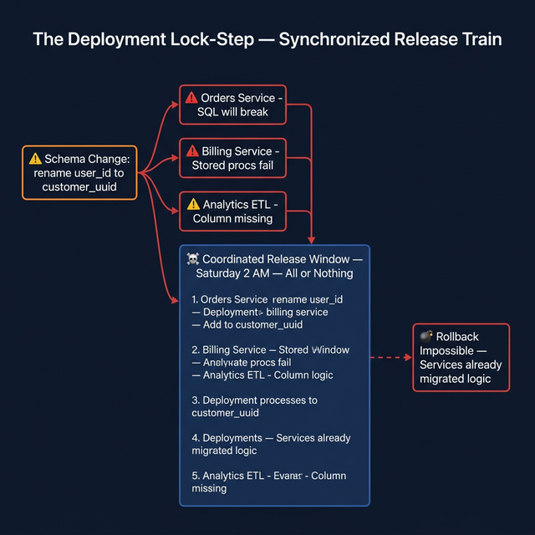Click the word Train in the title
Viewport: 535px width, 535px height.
(481, 39)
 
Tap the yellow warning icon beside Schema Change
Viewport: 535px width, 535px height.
(35, 159)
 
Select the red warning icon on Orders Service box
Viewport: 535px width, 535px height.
(191, 98)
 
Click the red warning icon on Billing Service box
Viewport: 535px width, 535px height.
(192, 150)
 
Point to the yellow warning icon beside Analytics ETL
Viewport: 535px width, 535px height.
(193, 204)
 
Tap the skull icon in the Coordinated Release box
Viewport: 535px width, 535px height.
(193, 259)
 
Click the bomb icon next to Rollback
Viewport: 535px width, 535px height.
(426, 336)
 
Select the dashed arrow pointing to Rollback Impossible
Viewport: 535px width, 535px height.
(391, 358)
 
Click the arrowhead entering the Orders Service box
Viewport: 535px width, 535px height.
(175, 104)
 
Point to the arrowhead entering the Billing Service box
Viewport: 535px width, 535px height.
(175, 158)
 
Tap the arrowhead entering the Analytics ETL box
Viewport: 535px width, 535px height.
(175, 211)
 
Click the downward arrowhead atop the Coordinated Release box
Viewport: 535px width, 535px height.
(311, 240)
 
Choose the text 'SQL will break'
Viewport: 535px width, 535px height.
(232, 112)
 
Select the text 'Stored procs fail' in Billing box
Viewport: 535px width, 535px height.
(232, 166)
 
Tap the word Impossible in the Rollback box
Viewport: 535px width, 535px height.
(446, 351)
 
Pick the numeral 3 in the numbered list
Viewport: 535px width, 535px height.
(195, 400)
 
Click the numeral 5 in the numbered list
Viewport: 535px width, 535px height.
(195, 476)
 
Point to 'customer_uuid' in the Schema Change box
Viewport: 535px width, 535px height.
(79, 187)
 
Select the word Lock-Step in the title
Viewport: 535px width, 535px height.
(212, 39)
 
